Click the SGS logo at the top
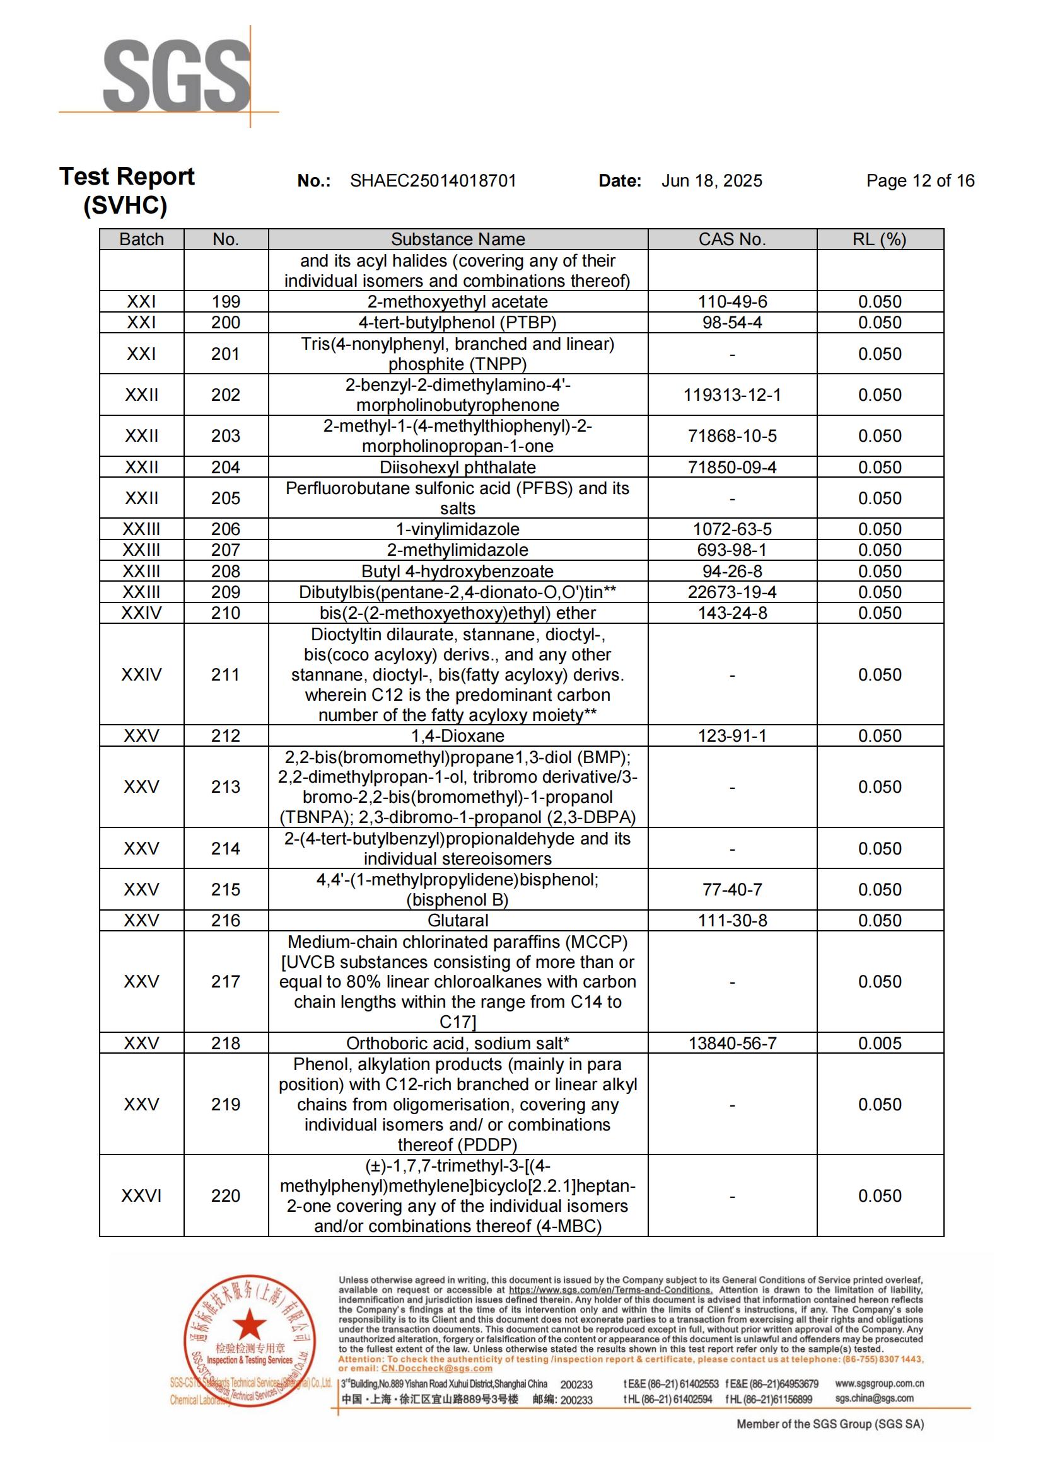(176, 76)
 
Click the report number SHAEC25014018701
(433, 181)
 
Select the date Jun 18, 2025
(711, 181)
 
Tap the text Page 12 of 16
(919, 181)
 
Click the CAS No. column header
(732, 239)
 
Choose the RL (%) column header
(879, 239)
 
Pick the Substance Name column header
(458, 239)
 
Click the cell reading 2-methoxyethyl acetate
(458, 302)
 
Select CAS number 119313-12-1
(732, 395)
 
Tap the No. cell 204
(225, 468)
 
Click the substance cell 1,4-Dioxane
(458, 735)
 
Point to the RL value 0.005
(879, 1043)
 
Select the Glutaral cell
(458, 921)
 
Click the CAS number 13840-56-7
(732, 1043)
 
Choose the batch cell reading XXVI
(141, 1195)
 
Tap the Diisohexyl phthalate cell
(458, 468)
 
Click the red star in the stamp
(249, 1325)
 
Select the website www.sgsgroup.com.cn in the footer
(879, 1383)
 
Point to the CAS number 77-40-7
(732, 890)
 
